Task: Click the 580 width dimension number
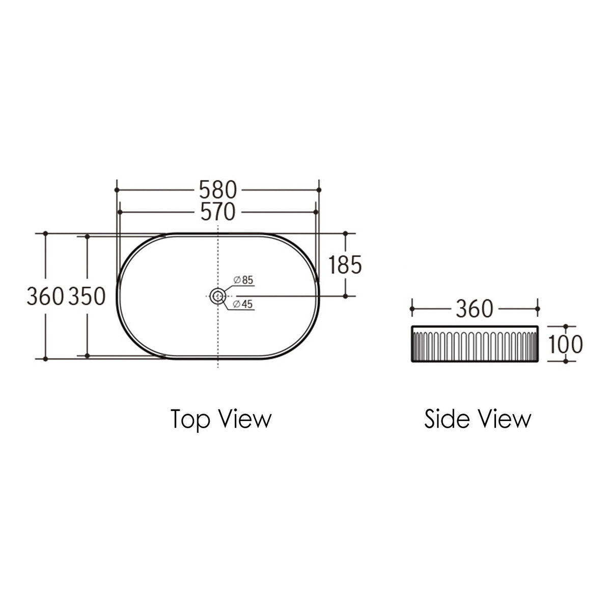pyautogui.click(x=217, y=190)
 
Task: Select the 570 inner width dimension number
pyautogui.click(x=218, y=212)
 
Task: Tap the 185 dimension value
pyautogui.click(x=345, y=265)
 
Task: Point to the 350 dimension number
pyautogui.click(x=87, y=296)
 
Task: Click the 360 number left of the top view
pyautogui.click(x=45, y=296)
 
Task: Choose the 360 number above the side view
pyautogui.click(x=475, y=309)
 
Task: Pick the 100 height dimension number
pyautogui.click(x=565, y=344)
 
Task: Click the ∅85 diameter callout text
pyautogui.click(x=243, y=280)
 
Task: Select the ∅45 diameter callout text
pyautogui.click(x=243, y=304)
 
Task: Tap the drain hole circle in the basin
pyautogui.click(x=218, y=290)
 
